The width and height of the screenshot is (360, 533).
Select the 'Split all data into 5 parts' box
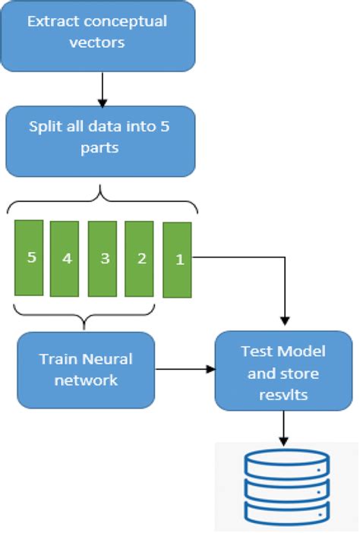[x=100, y=141]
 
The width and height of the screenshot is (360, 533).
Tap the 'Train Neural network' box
[x=86, y=370]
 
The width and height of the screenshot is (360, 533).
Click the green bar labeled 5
[x=31, y=258]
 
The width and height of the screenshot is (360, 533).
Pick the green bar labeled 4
[x=67, y=259]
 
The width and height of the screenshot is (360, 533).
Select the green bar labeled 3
[x=104, y=259]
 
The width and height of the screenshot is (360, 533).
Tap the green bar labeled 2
[x=141, y=259]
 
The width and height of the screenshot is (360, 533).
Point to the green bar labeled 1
[x=178, y=259]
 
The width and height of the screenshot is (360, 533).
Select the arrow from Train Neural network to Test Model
[x=185, y=370]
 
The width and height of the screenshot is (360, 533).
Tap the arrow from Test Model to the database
[x=283, y=428]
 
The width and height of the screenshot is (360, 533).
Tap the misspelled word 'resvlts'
[x=283, y=395]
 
